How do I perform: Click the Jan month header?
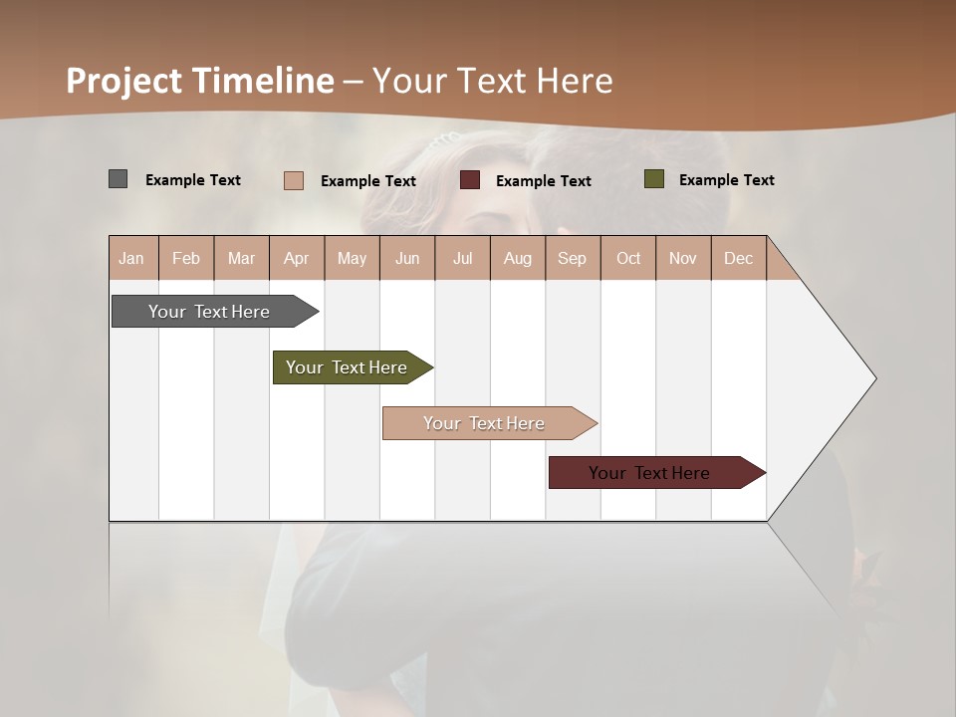click(x=131, y=258)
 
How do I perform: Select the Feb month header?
click(x=186, y=258)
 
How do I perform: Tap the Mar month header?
click(x=241, y=258)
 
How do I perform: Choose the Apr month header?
click(x=296, y=258)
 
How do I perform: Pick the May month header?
click(x=352, y=258)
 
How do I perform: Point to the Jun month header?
click(x=407, y=258)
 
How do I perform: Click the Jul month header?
click(x=462, y=258)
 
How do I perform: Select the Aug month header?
click(x=518, y=258)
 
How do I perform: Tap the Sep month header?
click(x=572, y=258)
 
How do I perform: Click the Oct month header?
click(x=628, y=258)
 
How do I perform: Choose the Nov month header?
click(x=683, y=258)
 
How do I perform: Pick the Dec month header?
click(x=738, y=258)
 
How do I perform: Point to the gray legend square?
click(x=118, y=179)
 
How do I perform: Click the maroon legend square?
click(x=470, y=180)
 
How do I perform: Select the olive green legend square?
click(x=653, y=179)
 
